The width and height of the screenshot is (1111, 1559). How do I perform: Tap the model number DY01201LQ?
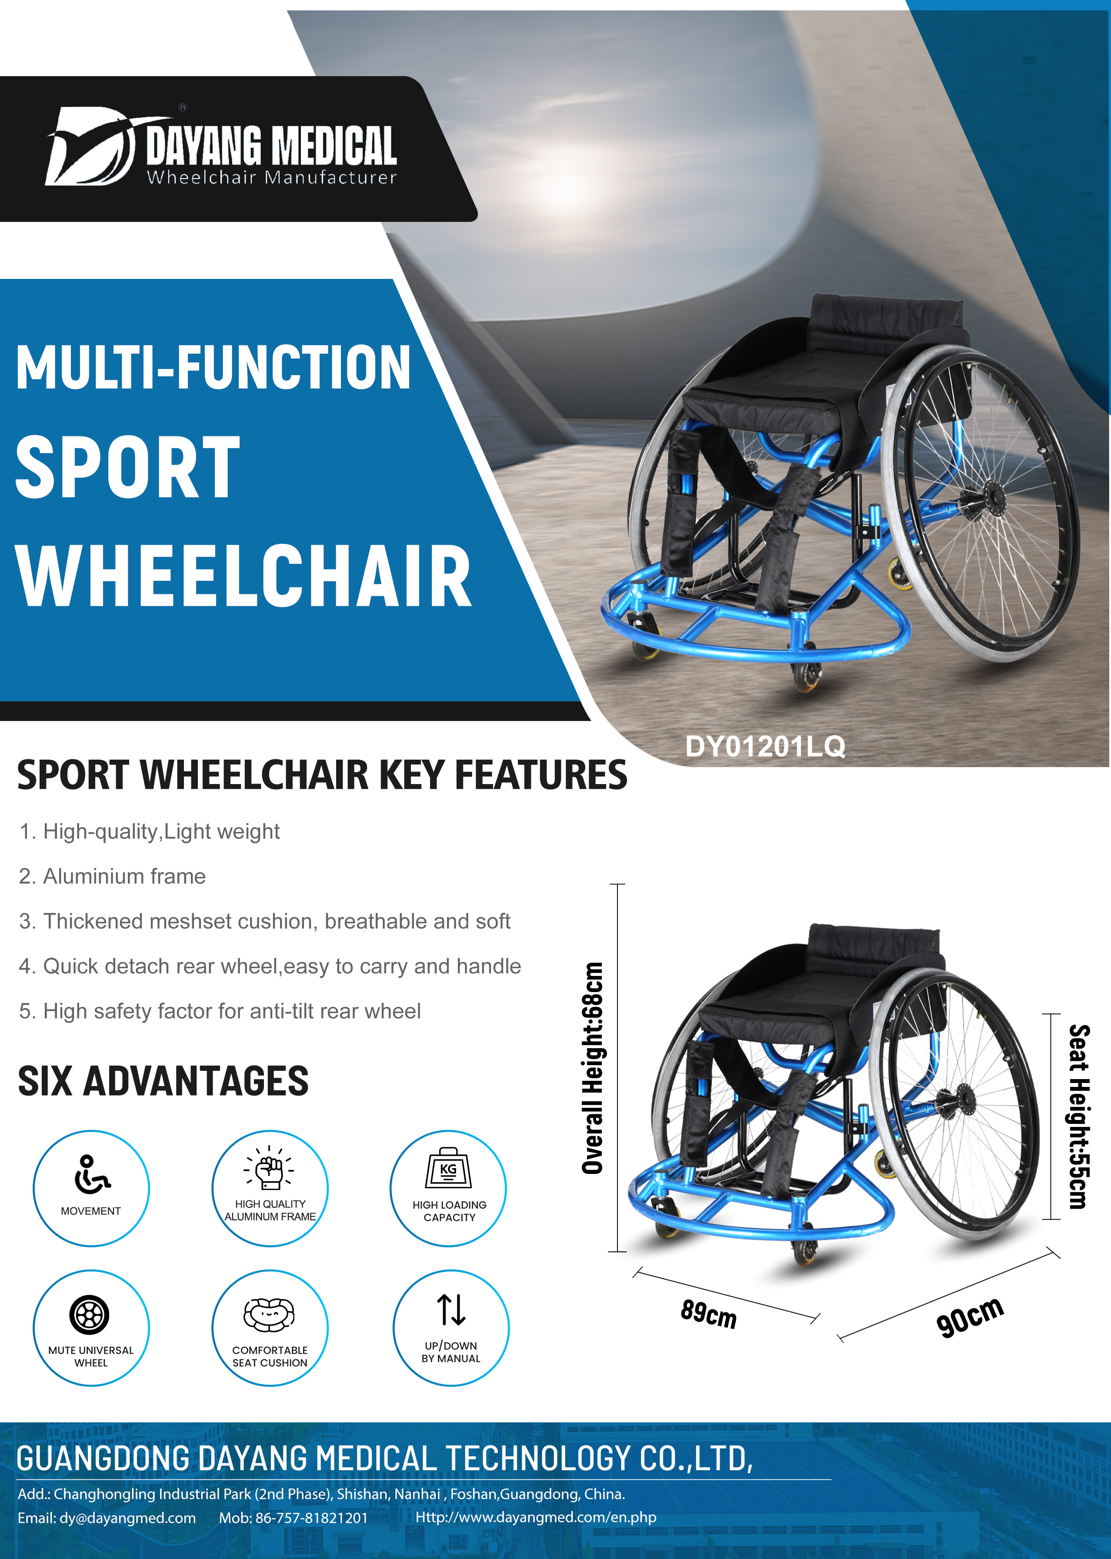(765, 746)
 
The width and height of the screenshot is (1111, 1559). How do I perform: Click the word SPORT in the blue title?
(128, 467)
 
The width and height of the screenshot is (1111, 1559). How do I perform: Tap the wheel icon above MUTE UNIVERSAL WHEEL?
(90, 1314)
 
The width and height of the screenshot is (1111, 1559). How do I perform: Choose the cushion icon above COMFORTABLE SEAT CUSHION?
(270, 1314)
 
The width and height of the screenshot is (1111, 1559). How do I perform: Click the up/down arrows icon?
(451, 1310)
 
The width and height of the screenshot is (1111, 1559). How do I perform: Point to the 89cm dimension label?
(709, 1314)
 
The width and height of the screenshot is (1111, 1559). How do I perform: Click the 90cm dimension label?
(970, 1316)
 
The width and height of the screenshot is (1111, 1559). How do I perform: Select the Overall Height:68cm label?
(592, 1068)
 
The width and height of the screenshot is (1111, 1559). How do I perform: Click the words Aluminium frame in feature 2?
(124, 877)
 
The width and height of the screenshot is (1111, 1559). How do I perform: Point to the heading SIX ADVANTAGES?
(163, 1081)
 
